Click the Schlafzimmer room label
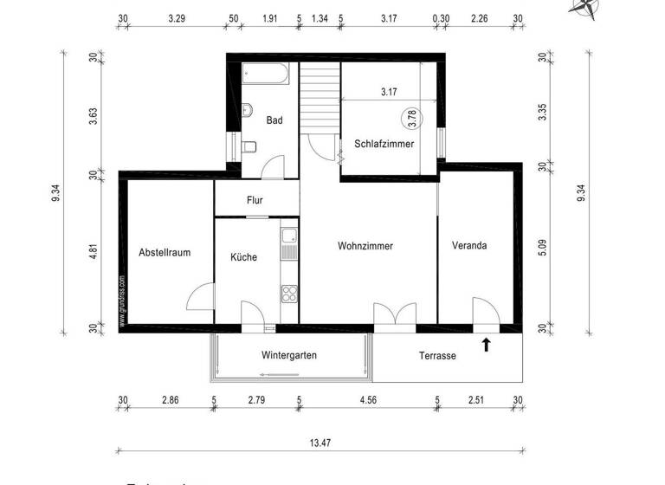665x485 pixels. [x=384, y=144]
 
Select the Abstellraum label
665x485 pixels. [x=165, y=253]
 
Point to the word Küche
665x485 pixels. [x=243, y=257]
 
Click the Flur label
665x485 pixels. [x=255, y=200]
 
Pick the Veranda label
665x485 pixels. [x=469, y=246]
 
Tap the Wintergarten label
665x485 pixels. [x=288, y=355]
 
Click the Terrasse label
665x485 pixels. [x=437, y=356]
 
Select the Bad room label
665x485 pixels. [x=274, y=120]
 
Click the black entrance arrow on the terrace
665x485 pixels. [x=486, y=346]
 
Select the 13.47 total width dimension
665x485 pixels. [x=320, y=442]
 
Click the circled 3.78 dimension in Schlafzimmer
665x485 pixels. [x=413, y=117]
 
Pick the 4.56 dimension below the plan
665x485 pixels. [x=368, y=400]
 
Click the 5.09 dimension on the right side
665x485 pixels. [x=543, y=247]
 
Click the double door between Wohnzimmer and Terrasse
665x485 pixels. [x=394, y=314]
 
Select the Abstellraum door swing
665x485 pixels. [x=200, y=297]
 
